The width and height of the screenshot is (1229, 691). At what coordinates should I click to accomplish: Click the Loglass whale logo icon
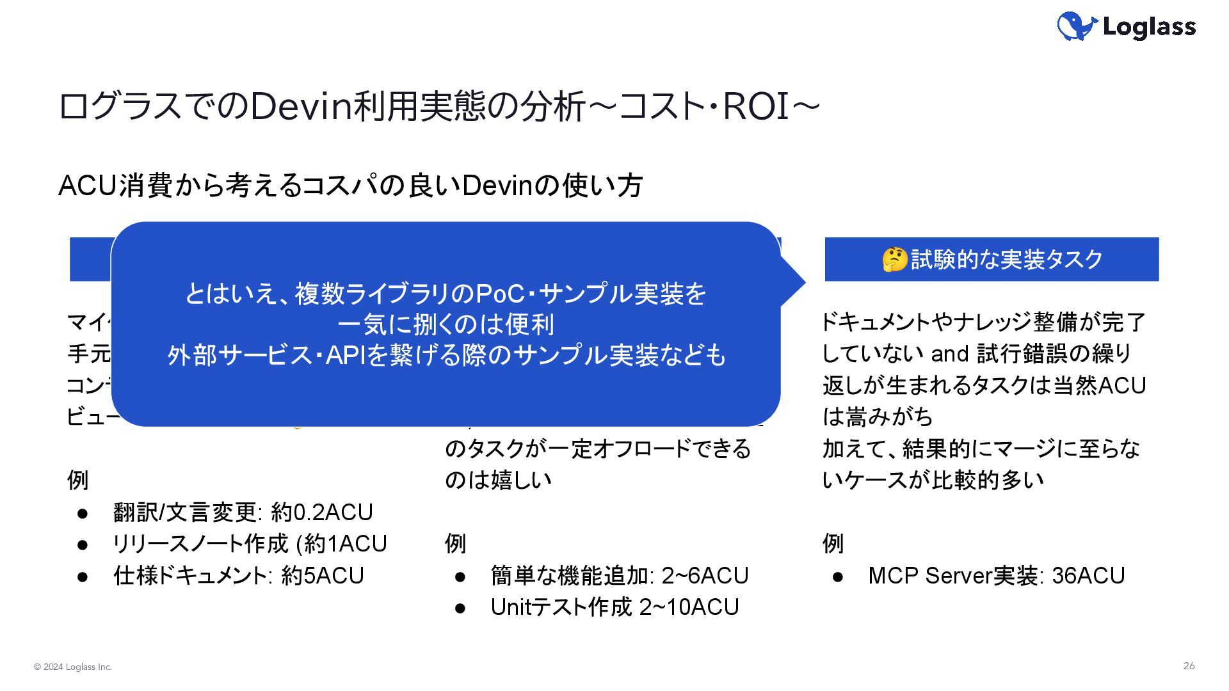pos(1077,26)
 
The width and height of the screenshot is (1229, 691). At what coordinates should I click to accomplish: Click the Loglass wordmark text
pos(1149,27)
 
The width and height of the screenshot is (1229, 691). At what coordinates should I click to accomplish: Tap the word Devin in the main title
pos(302,107)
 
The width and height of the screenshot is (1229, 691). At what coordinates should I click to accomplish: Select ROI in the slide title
pos(756,107)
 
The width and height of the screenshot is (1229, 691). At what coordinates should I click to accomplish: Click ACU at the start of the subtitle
pos(88,186)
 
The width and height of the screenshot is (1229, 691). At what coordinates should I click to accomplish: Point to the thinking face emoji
pos(894,260)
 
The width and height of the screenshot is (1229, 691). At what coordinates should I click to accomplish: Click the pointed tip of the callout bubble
pos(803,282)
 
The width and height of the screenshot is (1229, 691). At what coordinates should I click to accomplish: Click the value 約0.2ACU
pos(322,512)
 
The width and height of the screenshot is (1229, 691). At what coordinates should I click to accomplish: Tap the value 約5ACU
pos(323,576)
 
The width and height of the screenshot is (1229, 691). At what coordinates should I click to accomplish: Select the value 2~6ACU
pos(705,576)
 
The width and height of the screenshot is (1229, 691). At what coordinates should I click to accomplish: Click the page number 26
pos(1189,666)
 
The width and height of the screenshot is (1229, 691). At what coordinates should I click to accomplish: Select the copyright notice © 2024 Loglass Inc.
pos(73,667)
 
